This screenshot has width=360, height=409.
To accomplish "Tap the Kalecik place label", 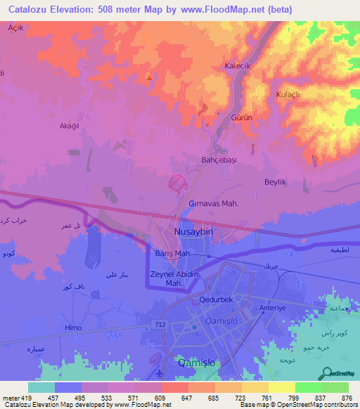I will (x=237, y=65).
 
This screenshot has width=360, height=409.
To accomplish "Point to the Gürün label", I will (x=242, y=118).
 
